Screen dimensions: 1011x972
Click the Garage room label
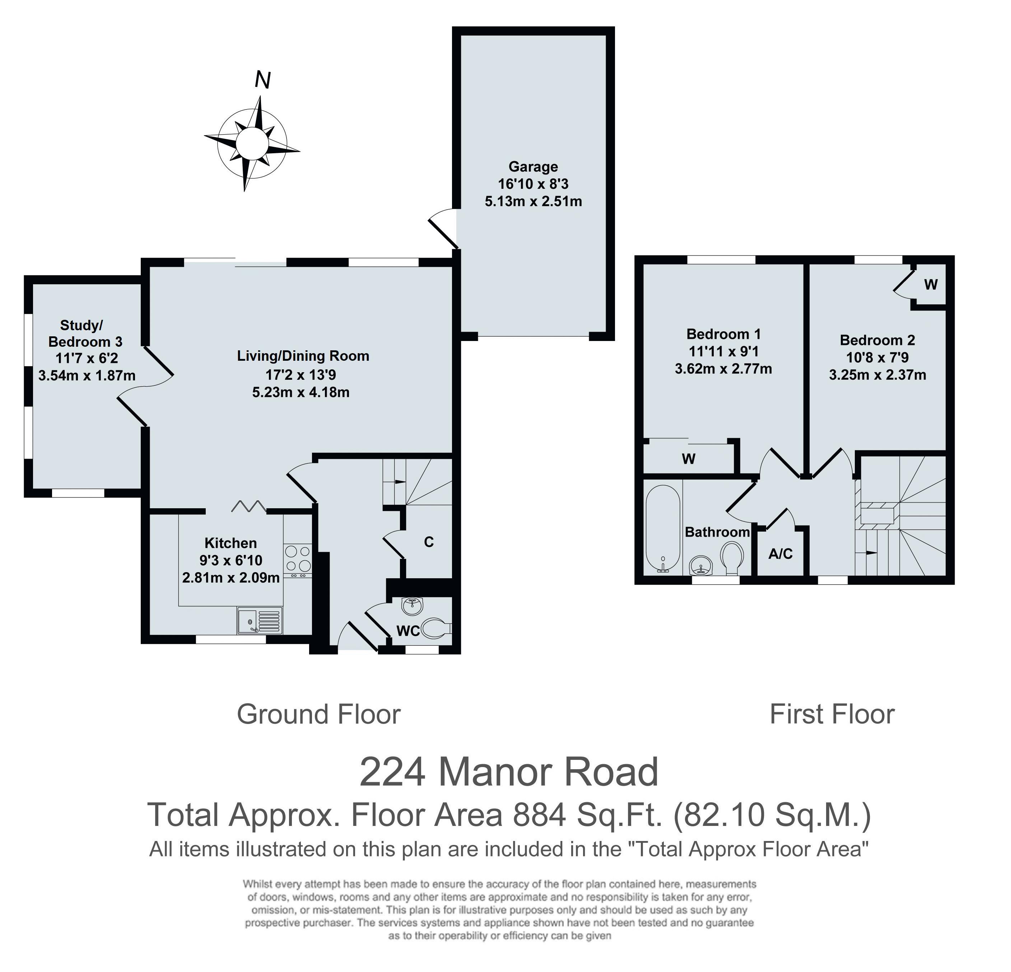[x=534, y=167]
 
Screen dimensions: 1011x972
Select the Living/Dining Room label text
[x=303, y=356]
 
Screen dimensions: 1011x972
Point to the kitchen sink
[x=260, y=620]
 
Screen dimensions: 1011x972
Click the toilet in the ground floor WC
[x=436, y=628]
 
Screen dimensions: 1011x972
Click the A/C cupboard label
[x=781, y=554]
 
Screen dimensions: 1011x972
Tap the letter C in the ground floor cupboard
[x=429, y=542]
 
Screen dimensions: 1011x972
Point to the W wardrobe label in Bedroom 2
[x=931, y=284]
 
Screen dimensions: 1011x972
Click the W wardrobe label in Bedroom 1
[x=689, y=459]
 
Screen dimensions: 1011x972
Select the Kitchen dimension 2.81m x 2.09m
[x=231, y=578]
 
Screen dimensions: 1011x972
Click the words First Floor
[x=832, y=714]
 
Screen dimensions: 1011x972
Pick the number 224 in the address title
[x=393, y=772]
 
